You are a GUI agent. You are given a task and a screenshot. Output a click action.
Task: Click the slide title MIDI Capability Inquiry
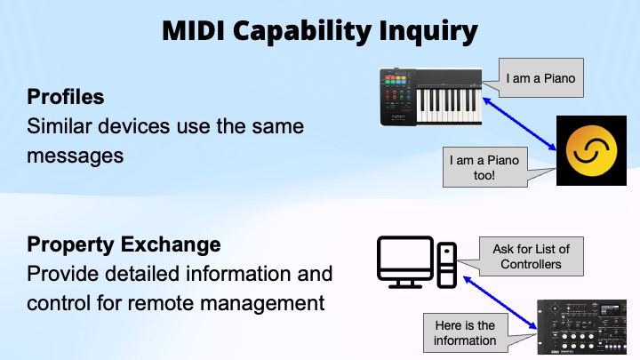(320, 31)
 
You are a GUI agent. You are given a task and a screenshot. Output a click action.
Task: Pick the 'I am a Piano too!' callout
(484, 167)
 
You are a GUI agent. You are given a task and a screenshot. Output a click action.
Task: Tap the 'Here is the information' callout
(465, 332)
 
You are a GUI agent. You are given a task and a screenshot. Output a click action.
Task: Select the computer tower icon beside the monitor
(447, 263)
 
